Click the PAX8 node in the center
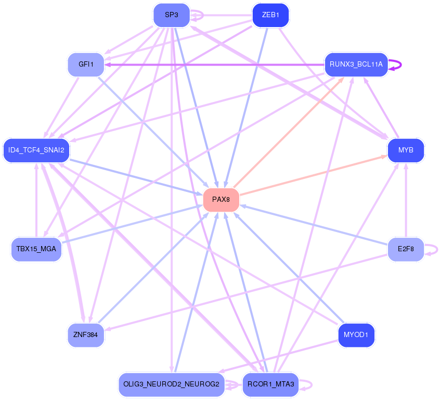221,200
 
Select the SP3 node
172,15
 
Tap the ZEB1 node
270,15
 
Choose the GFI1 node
86,64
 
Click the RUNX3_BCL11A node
356,64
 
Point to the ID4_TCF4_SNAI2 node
36,150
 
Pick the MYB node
406,150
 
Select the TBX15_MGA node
36,249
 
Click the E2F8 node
406,249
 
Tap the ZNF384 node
86,335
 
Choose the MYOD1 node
356,335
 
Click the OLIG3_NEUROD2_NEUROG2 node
172,384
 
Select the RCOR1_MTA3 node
270,384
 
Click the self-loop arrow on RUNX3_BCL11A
396,65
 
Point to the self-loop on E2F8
432,250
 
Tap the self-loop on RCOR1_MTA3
306,385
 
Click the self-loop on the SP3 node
197,15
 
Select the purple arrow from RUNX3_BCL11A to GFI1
214,65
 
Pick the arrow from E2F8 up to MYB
406,200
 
